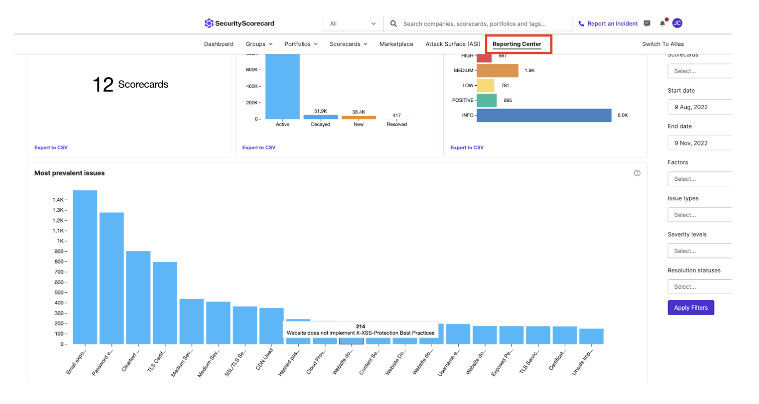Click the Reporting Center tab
tap(517, 44)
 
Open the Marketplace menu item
tap(396, 44)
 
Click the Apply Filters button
tap(691, 307)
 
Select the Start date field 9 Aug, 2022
tap(699, 107)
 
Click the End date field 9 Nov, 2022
tap(699, 143)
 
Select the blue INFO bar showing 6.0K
tap(544, 115)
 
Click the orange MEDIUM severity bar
tap(497, 70)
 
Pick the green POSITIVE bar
tap(486, 100)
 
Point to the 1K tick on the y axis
tap(61, 241)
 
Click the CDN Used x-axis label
tap(264, 359)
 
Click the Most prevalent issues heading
tap(69, 173)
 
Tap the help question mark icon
tap(637, 173)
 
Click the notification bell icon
tap(662, 23)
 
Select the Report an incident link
tap(612, 23)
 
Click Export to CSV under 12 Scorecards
tap(51, 147)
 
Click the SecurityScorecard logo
tap(239, 23)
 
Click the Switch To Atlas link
tap(663, 44)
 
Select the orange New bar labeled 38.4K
tap(358, 118)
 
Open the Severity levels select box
tap(699, 251)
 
